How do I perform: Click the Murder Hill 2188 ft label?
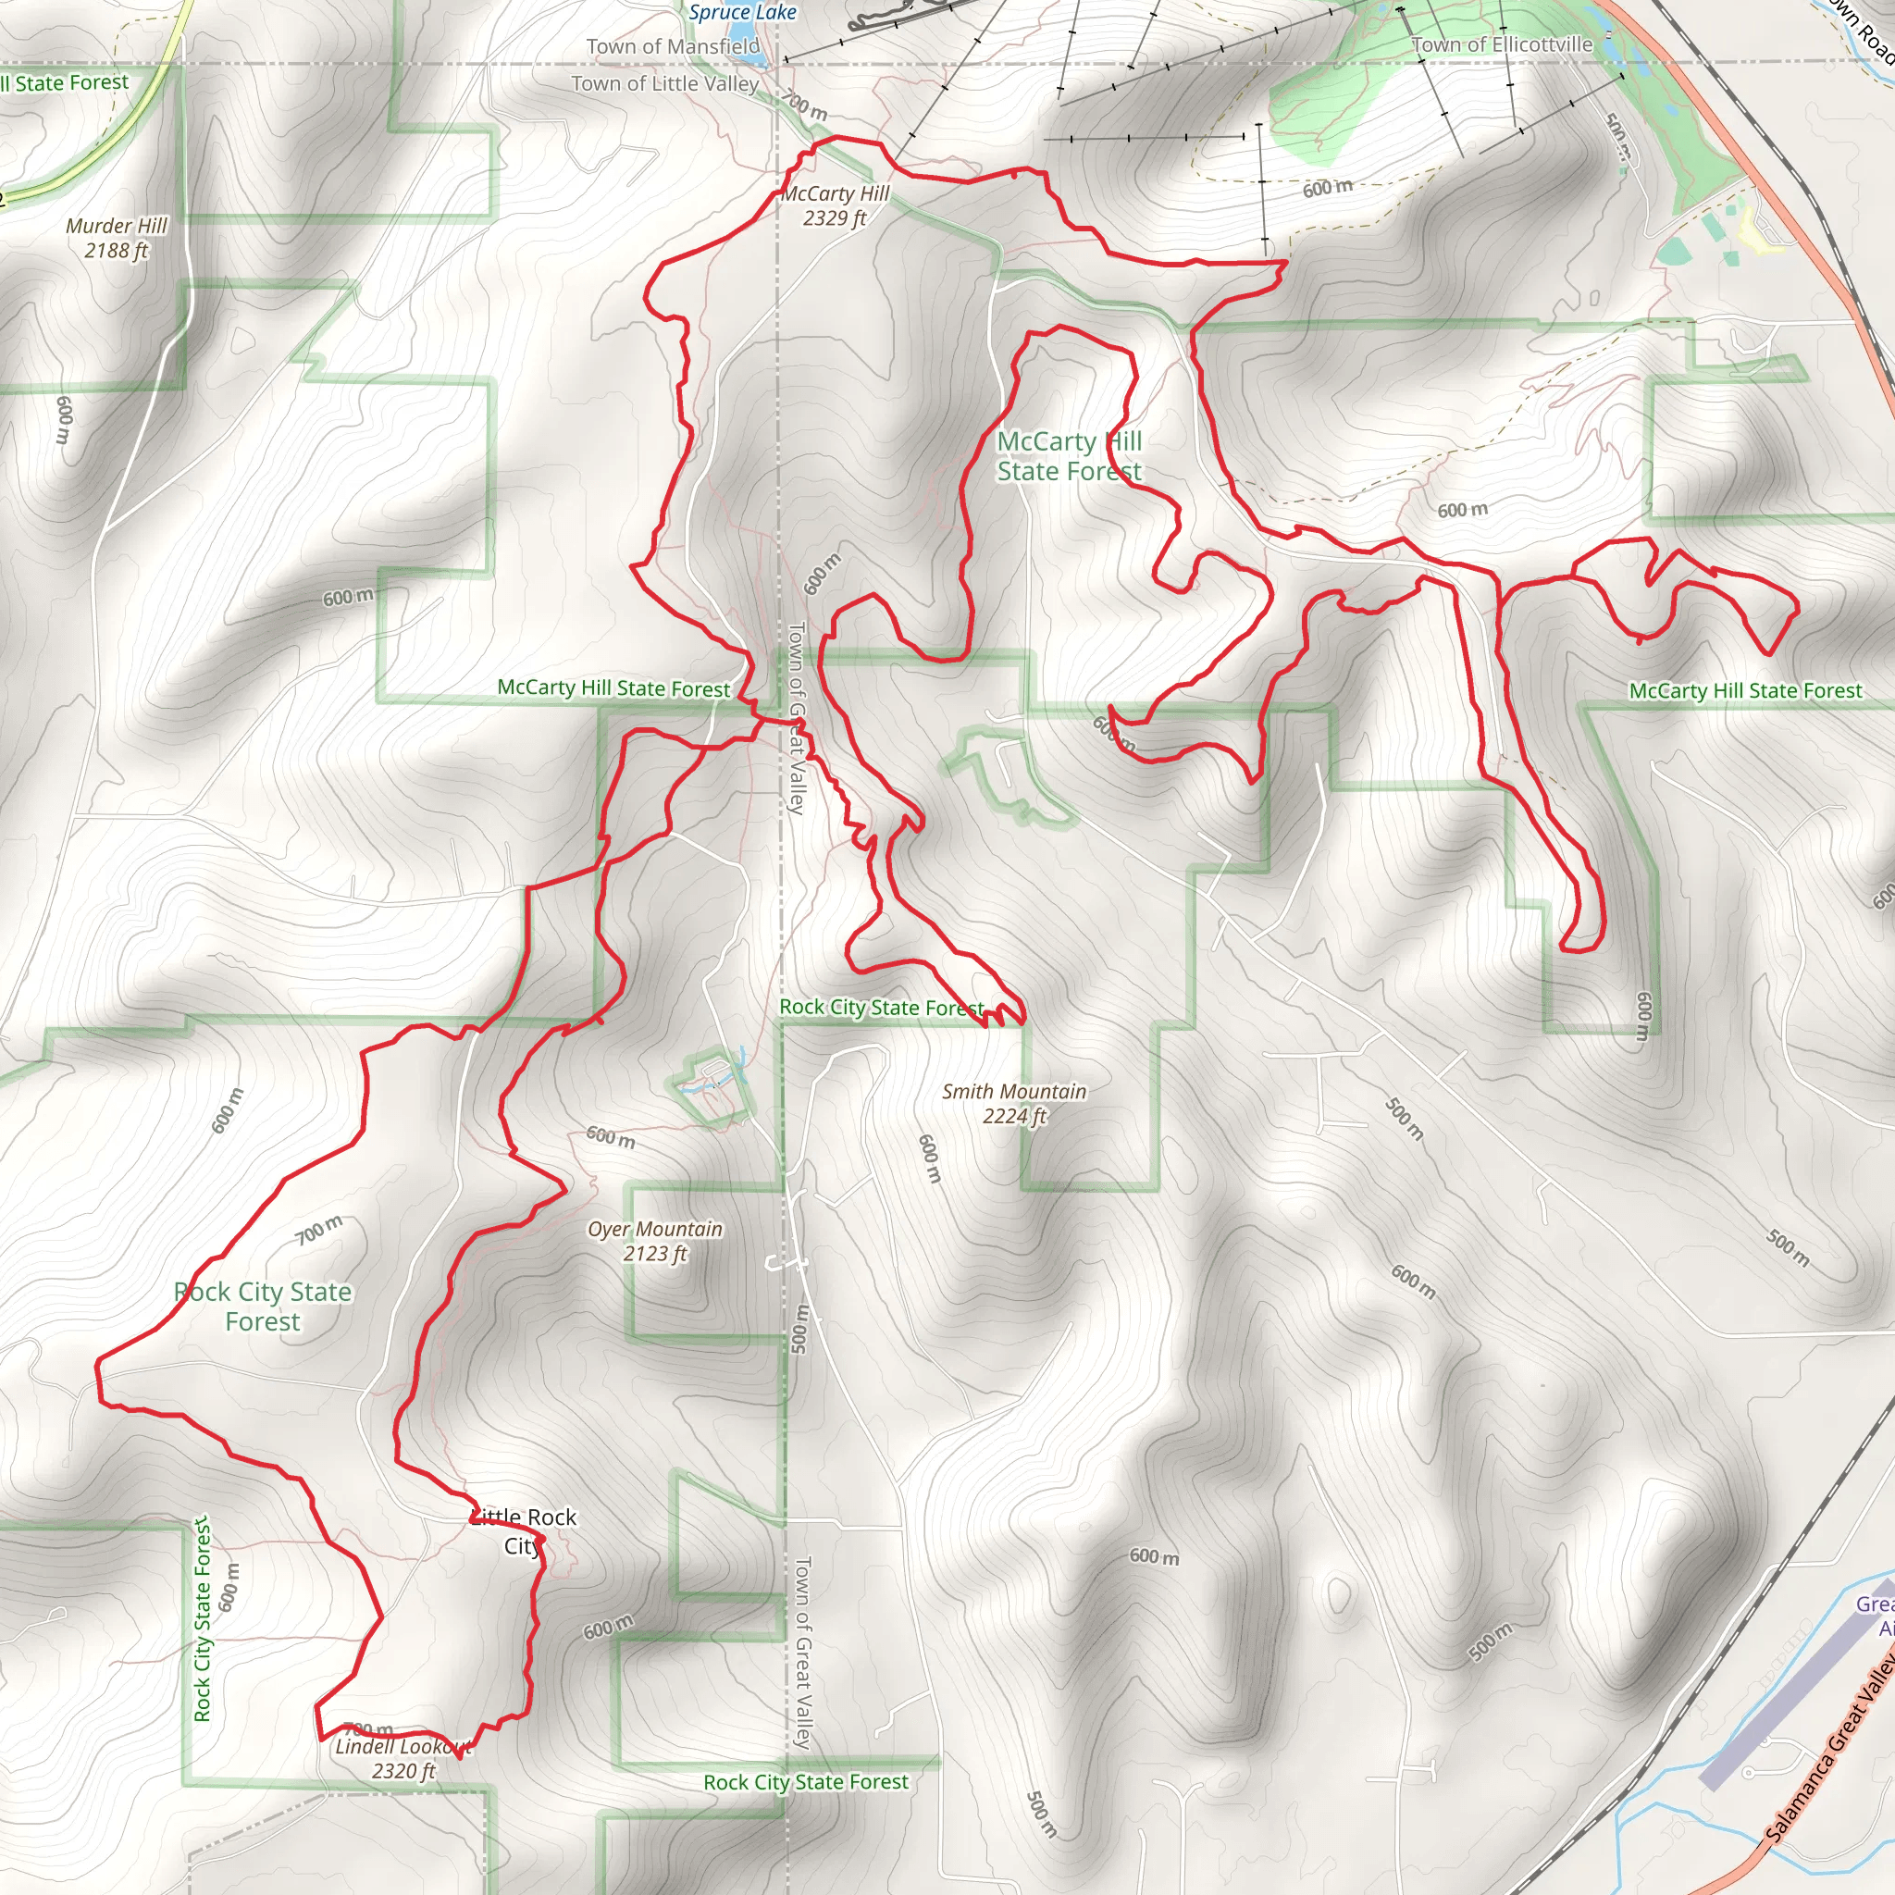point(117,239)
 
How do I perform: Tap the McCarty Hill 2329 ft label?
point(835,206)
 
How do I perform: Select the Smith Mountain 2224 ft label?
point(1014,1104)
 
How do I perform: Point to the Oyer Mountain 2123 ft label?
point(655,1241)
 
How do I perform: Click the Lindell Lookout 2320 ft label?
point(403,1759)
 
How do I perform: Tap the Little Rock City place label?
point(523,1531)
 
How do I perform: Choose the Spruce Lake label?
point(742,13)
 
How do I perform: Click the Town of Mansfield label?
point(673,46)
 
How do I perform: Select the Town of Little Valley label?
point(665,83)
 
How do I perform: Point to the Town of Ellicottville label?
point(1502,44)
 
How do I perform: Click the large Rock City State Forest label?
point(263,1307)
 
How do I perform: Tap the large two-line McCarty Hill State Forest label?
point(1069,457)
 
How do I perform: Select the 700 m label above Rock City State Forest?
point(320,1229)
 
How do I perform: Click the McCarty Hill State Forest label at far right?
point(1745,691)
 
